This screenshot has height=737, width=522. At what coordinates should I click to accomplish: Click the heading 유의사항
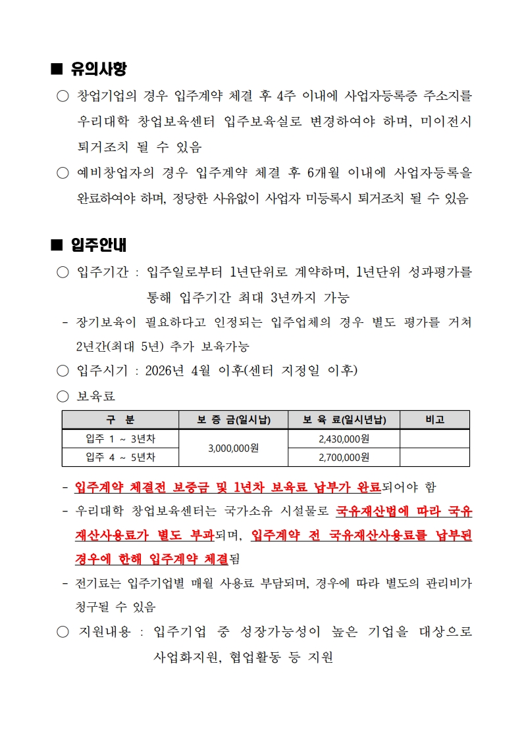[98, 68]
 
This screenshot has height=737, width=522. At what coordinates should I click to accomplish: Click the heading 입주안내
[98, 245]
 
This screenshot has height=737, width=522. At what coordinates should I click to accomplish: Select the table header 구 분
[120, 419]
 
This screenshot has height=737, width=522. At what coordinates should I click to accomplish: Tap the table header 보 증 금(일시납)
[233, 419]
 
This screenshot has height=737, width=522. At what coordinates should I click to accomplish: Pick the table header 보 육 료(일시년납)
[344, 419]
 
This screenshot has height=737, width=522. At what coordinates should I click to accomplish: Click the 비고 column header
[434, 419]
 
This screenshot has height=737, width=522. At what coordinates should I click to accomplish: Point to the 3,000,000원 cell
[233, 448]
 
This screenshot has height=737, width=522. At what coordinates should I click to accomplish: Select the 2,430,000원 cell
[344, 439]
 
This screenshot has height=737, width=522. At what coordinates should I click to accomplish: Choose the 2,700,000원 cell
[344, 457]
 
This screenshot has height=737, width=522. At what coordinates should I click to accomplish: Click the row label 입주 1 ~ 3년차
[120, 439]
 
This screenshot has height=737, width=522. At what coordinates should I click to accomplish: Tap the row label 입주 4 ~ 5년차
[120, 457]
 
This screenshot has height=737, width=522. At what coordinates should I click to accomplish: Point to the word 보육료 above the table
[96, 396]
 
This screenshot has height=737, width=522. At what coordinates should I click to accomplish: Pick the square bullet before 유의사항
[56, 68]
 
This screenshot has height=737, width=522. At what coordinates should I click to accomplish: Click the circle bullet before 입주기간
[63, 272]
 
